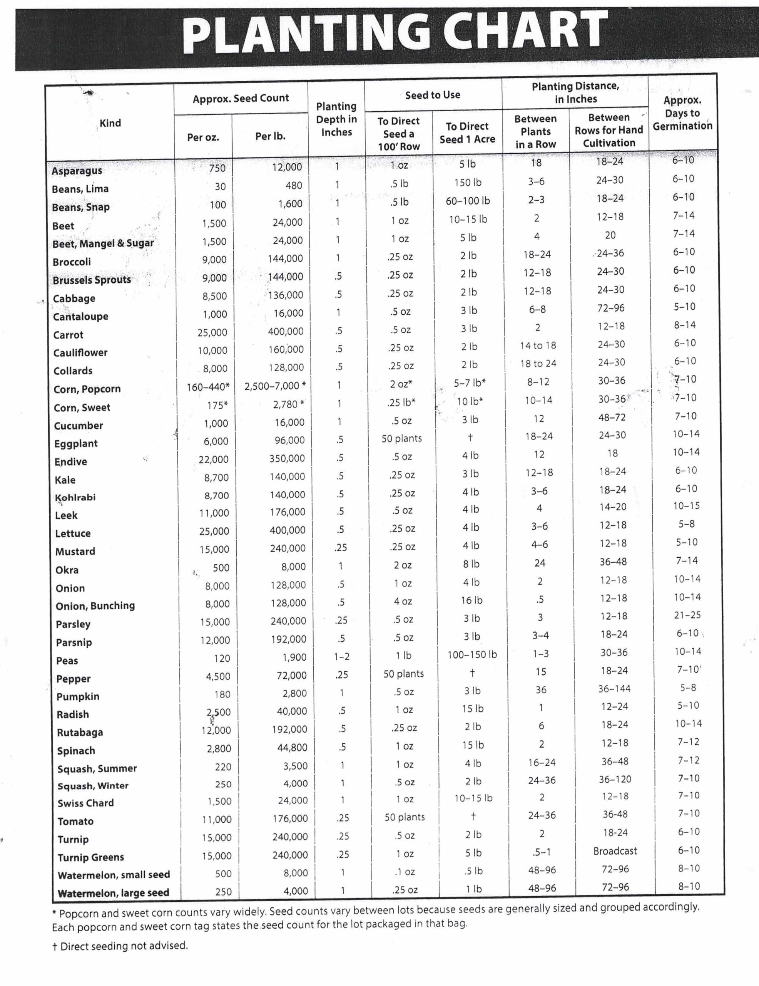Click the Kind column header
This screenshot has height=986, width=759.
[110, 123]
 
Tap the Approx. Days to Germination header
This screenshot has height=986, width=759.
[682, 113]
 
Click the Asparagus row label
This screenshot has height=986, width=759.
[77, 171]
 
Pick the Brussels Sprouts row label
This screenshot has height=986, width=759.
[92, 280]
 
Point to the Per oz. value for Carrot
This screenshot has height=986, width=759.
[212, 333]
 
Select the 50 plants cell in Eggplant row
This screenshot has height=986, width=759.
[401, 438]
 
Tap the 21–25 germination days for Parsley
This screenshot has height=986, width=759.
[687, 615]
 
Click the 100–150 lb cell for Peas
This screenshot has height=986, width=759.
[472, 655]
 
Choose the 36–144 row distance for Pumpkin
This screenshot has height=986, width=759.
[614, 689]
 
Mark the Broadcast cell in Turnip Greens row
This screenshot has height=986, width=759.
[615, 851]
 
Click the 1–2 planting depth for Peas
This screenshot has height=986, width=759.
[342, 656]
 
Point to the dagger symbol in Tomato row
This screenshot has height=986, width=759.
[473, 816]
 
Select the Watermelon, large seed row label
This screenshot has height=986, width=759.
[113, 893]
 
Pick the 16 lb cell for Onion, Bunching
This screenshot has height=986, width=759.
[472, 600]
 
